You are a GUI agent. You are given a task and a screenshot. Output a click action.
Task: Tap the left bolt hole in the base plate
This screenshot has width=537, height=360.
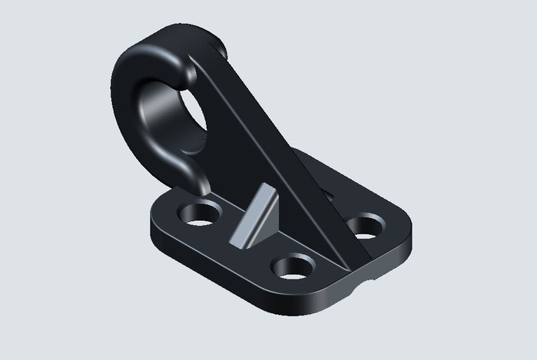pyautogui.click(x=200, y=212)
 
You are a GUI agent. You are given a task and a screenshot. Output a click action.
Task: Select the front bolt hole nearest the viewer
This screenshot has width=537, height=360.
pyautogui.click(x=293, y=266)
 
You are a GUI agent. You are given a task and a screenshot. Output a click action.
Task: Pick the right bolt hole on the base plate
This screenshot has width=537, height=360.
pyautogui.click(x=366, y=226)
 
